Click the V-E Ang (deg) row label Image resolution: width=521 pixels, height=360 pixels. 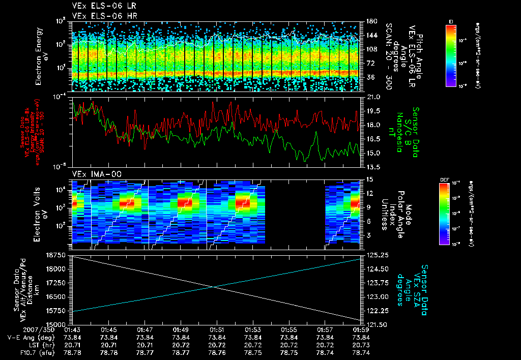27,337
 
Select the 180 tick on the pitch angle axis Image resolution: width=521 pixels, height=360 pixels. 370,21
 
